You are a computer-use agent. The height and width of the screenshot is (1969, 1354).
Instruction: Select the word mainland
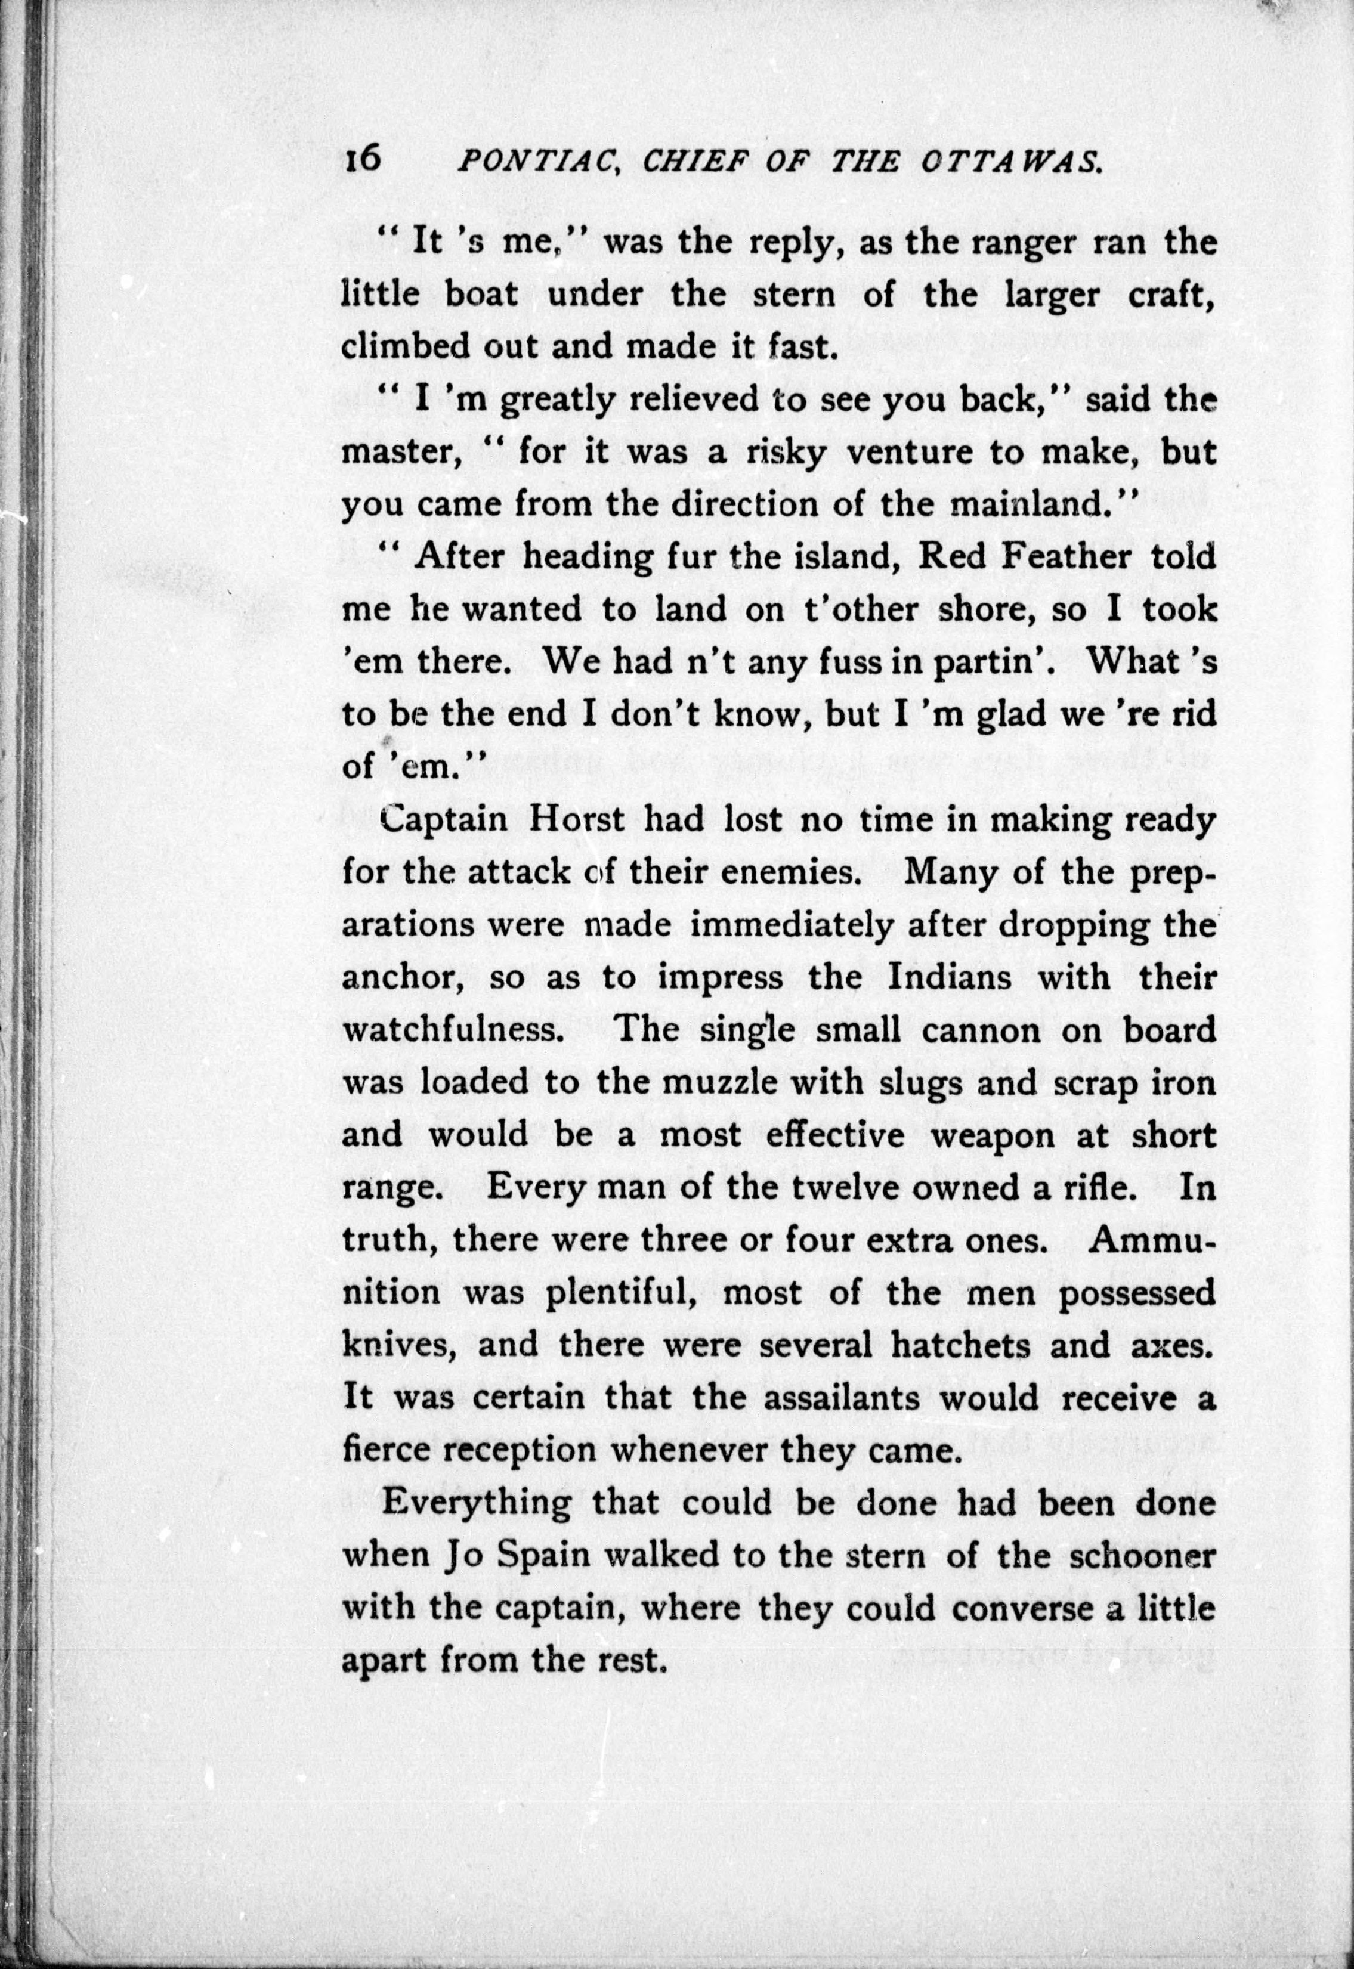pyautogui.click(x=1020, y=504)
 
